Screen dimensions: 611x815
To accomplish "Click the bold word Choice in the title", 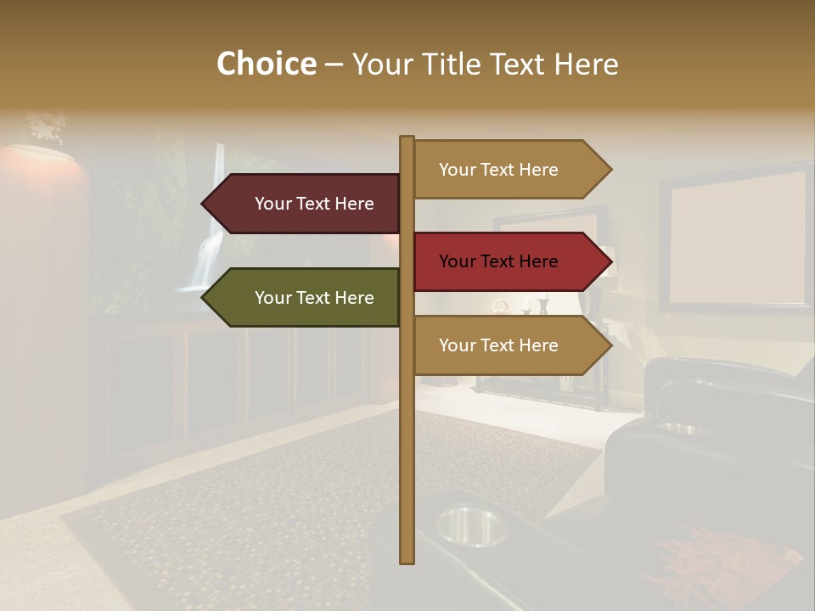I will coord(266,64).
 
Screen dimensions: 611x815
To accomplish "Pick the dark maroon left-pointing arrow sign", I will coord(306,204).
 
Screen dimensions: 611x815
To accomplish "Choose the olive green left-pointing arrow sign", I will coord(306,298).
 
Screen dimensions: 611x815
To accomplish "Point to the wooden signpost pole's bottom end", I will coord(407,558).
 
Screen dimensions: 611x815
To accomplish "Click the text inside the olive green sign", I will coord(314,298).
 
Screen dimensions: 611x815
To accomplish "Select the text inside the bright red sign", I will coord(498,261).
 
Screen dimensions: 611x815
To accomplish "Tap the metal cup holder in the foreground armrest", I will coord(469,524).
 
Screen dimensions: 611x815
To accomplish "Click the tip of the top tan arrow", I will coord(610,170).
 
